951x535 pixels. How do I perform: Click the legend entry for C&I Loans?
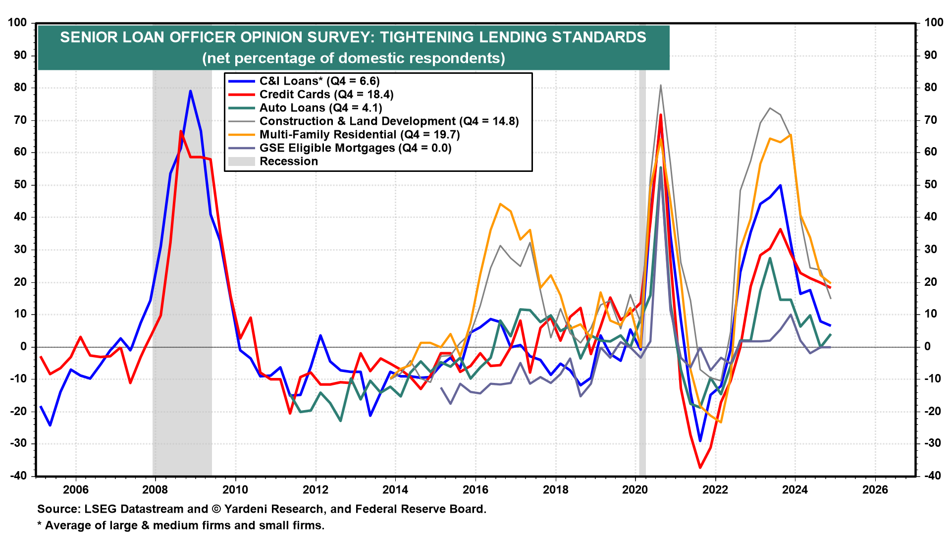(319, 81)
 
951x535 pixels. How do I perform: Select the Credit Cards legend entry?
(326, 95)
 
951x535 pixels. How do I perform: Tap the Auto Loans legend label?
(320, 108)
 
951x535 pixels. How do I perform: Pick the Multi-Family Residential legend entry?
(359, 135)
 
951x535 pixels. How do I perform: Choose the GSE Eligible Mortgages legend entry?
(355, 148)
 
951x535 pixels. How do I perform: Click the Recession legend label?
(288, 161)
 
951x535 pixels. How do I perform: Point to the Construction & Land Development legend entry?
(389, 121)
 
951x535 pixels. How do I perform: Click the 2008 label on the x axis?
(155, 490)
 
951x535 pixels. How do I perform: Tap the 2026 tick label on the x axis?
(875, 490)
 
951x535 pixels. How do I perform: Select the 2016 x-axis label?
(475, 490)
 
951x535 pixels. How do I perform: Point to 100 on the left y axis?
(18, 23)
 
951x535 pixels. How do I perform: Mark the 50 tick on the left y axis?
(21, 185)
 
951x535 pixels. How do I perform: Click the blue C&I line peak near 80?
(190, 91)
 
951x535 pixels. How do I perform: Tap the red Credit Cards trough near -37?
(700, 467)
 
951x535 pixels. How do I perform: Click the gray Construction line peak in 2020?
(661, 85)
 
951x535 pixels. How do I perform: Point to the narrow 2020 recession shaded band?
(642, 272)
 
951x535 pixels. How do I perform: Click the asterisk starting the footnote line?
(40, 525)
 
